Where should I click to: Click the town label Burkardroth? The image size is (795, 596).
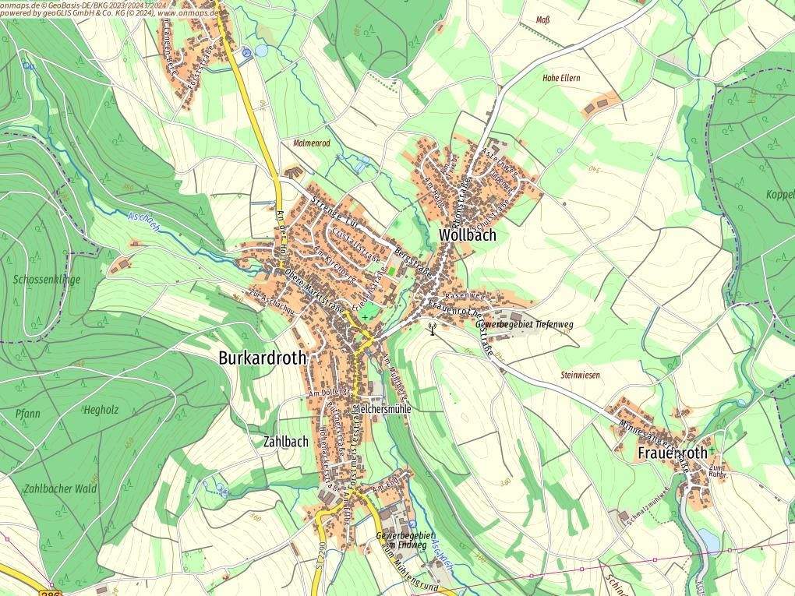coord(263,358)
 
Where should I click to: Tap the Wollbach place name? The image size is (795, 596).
coord(468,235)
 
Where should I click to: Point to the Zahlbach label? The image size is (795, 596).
coord(286,441)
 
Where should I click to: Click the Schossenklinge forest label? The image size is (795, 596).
coord(47,279)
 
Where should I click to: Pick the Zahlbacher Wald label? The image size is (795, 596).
coord(60,488)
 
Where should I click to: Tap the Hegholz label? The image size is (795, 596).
coord(101,409)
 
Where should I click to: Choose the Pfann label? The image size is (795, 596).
coord(27,414)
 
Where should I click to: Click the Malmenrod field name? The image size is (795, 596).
coord(312,144)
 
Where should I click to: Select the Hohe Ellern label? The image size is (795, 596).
coord(561,79)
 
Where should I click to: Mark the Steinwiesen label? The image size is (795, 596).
coord(580,376)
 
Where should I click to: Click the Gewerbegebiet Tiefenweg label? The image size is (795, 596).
coord(525,323)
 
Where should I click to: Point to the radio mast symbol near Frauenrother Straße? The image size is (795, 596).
coord(433,327)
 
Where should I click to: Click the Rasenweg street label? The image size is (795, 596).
coord(465,297)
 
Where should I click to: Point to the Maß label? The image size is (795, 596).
coord(542,19)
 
